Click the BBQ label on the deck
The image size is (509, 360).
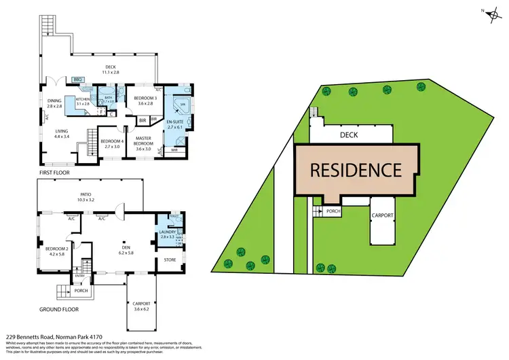(77, 79)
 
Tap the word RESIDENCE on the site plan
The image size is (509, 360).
(357, 169)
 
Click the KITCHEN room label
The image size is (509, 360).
(83, 100)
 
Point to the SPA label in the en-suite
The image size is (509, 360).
(183, 104)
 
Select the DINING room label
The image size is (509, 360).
(54, 103)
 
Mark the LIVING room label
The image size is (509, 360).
(62, 134)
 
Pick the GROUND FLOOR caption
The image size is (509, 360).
(58, 308)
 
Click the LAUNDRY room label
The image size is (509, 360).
(167, 232)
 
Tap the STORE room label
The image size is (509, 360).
(170, 259)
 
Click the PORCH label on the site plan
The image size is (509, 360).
(333, 211)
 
